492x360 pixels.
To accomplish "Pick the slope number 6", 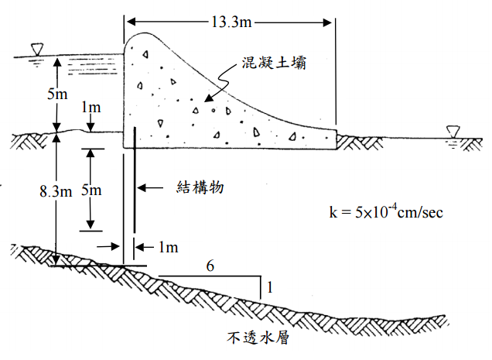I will click(x=209, y=266).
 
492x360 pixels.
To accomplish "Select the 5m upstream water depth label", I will click(x=56, y=95).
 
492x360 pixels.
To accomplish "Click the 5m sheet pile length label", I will click(x=93, y=190).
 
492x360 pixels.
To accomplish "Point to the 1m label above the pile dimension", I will click(x=91, y=106).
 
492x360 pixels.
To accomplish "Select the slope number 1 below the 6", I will click(x=268, y=288).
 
